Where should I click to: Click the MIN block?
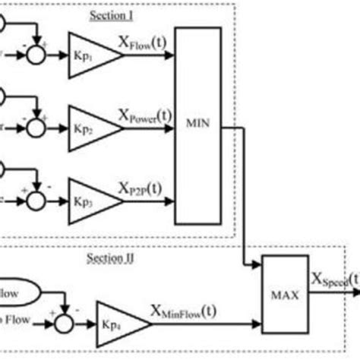[x=199, y=125]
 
